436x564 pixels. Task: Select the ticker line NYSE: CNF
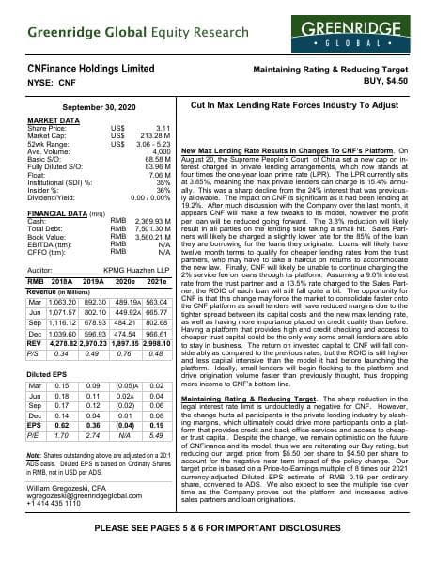pos(55,83)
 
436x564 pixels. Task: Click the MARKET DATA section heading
pos(54,121)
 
